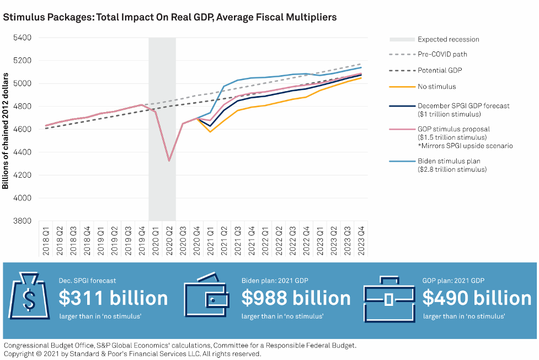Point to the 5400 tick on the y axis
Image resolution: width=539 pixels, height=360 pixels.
[x=23, y=38]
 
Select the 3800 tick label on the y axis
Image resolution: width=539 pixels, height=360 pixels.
[x=23, y=221]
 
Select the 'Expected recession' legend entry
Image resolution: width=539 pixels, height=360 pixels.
[x=448, y=39]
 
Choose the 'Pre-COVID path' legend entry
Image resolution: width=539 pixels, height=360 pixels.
[x=442, y=55]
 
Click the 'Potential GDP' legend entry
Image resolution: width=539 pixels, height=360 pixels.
[x=440, y=71]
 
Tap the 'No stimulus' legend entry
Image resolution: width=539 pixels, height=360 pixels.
[x=436, y=87]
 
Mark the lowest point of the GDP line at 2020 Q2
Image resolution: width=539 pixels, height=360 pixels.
[x=169, y=161]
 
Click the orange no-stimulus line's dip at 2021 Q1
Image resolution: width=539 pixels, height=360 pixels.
[x=210, y=131]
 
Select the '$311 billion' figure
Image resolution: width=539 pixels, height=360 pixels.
[x=113, y=298]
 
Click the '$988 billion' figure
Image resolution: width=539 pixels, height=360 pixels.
[x=296, y=298]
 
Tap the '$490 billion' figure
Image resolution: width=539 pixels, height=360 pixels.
[x=477, y=298]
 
